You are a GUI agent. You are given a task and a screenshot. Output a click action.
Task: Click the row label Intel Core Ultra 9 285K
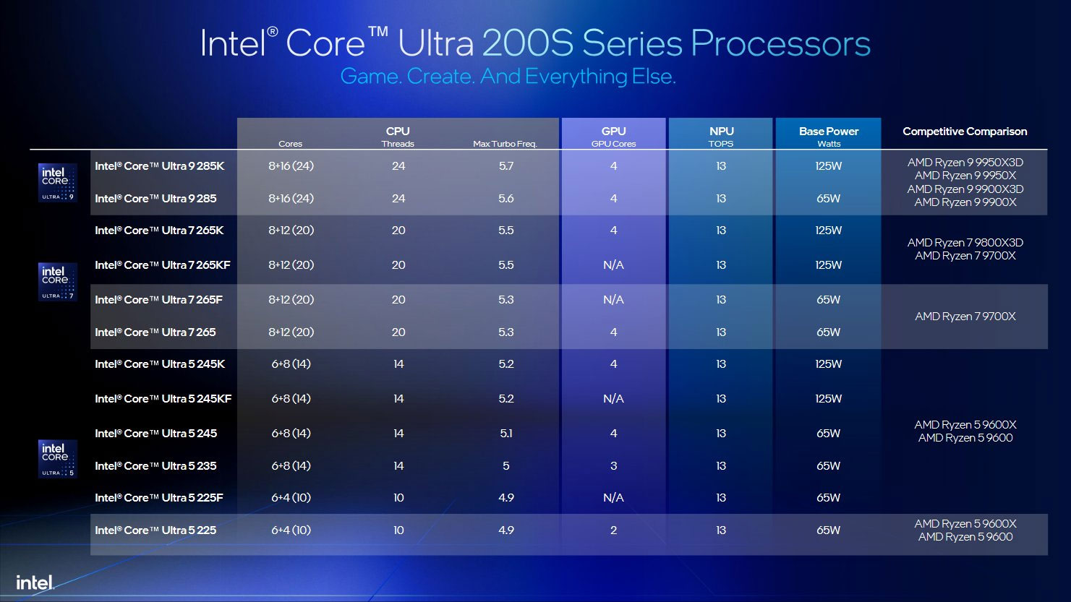click(159, 166)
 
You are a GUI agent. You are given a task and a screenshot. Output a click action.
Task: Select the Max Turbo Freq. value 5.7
click(505, 166)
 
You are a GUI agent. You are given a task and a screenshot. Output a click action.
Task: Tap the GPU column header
click(613, 132)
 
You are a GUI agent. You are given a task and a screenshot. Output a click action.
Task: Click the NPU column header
click(721, 132)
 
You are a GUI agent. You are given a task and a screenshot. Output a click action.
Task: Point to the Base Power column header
click(828, 132)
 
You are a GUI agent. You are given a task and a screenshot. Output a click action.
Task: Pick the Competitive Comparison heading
click(965, 132)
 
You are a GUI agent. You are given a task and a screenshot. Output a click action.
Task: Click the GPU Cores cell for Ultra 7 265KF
click(613, 265)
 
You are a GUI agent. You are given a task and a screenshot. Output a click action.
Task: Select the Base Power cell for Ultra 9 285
click(828, 199)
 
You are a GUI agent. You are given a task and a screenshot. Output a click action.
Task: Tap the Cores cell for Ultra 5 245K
click(291, 364)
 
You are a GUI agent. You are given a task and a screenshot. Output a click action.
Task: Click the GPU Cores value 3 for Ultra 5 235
click(613, 466)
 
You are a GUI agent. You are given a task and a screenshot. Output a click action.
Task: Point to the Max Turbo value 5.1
click(505, 434)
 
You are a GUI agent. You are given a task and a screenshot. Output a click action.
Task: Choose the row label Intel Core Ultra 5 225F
click(159, 498)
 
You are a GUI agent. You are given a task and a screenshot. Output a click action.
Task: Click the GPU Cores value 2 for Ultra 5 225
click(613, 530)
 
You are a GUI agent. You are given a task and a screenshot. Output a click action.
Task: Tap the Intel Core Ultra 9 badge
click(57, 183)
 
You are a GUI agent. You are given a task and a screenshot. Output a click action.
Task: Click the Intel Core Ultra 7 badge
click(57, 282)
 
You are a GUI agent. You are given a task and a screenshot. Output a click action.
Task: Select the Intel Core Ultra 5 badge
click(57, 459)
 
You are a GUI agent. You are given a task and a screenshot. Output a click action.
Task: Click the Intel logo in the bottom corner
click(35, 582)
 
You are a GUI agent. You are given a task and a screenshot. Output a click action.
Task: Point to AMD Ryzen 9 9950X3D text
click(965, 163)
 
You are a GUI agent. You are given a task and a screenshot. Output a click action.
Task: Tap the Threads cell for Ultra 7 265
click(398, 332)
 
